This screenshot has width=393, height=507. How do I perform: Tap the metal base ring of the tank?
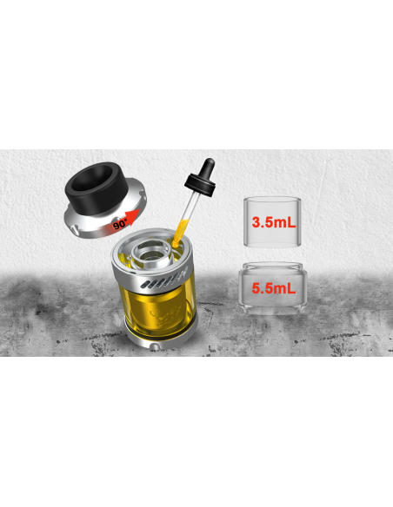point(154,345)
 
